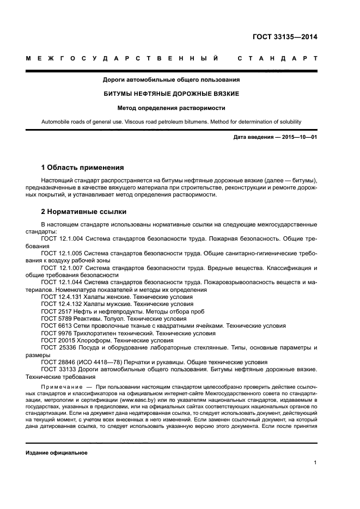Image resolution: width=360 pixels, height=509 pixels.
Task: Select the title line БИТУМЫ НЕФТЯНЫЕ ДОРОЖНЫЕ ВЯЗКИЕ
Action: [x=172, y=94]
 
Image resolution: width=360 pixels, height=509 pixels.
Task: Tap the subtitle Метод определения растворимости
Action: [x=172, y=108]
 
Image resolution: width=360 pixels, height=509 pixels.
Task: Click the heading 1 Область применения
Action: [x=82, y=167]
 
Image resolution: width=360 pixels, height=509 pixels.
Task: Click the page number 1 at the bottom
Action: [x=315, y=463]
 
